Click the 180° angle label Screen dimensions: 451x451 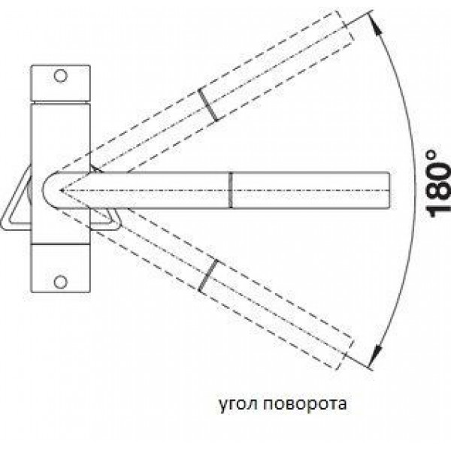click(437, 184)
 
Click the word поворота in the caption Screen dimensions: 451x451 click(305, 404)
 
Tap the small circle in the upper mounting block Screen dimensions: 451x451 click(60, 76)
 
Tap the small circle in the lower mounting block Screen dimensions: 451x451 click(60, 282)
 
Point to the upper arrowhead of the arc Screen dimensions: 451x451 click(374, 22)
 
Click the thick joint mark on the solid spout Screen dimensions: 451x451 click(231, 190)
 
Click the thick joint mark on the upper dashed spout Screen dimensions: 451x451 click(207, 105)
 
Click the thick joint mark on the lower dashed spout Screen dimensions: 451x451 click(207, 275)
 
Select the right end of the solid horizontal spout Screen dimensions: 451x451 click(389, 190)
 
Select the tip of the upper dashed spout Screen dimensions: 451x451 click(344, 26)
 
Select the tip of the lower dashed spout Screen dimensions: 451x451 click(344, 354)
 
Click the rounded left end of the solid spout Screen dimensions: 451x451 click(43, 190)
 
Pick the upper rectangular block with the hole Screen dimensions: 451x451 click(60, 83)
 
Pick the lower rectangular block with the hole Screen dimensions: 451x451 click(60, 268)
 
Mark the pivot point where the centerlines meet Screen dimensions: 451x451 click(61, 190)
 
